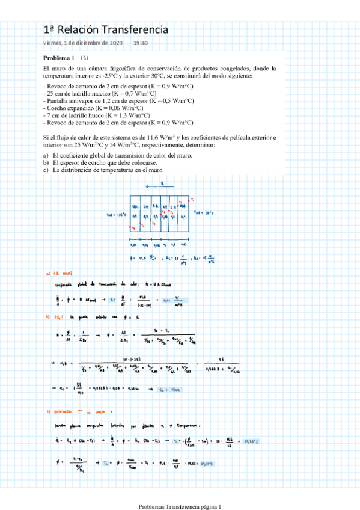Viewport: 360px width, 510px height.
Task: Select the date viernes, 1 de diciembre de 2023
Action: pos(83,43)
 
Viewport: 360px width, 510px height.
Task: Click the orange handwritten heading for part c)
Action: pos(63,411)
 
